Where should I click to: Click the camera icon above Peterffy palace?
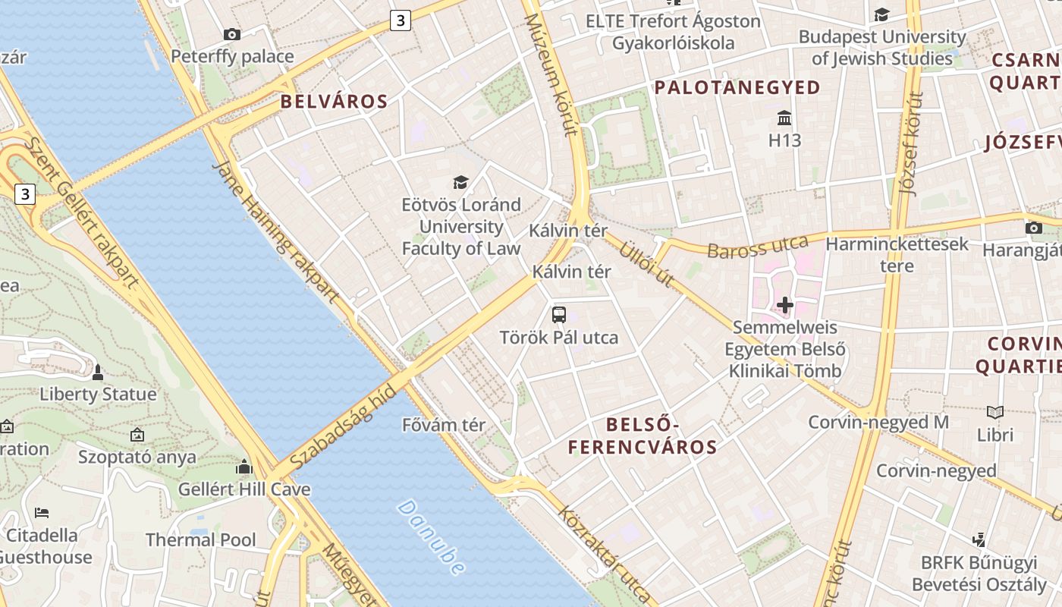pyautogui.click(x=232, y=34)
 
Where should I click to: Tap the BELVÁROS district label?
pyautogui.click(x=334, y=102)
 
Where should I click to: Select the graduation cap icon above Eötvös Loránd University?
pyautogui.click(x=460, y=182)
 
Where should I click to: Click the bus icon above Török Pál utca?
pyautogui.click(x=559, y=314)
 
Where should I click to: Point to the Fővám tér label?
pyautogui.click(x=444, y=425)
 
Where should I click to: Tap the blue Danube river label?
pyautogui.click(x=430, y=536)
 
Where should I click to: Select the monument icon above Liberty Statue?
pyautogui.click(x=97, y=373)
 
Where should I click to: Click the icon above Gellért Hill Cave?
pyautogui.click(x=244, y=467)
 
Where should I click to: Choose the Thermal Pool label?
pyautogui.click(x=201, y=540)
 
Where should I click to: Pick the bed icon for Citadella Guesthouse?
pyautogui.click(x=42, y=513)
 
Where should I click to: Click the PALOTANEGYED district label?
pyautogui.click(x=737, y=88)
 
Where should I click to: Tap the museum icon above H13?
pyautogui.click(x=784, y=118)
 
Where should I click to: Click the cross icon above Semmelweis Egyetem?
pyautogui.click(x=785, y=305)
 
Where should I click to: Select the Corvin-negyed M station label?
pyautogui.click(x=878, y=423)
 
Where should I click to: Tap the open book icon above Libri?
pyautogui.click(x=995, y=412)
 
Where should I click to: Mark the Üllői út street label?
pyautogui.click(x=647, y=264)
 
